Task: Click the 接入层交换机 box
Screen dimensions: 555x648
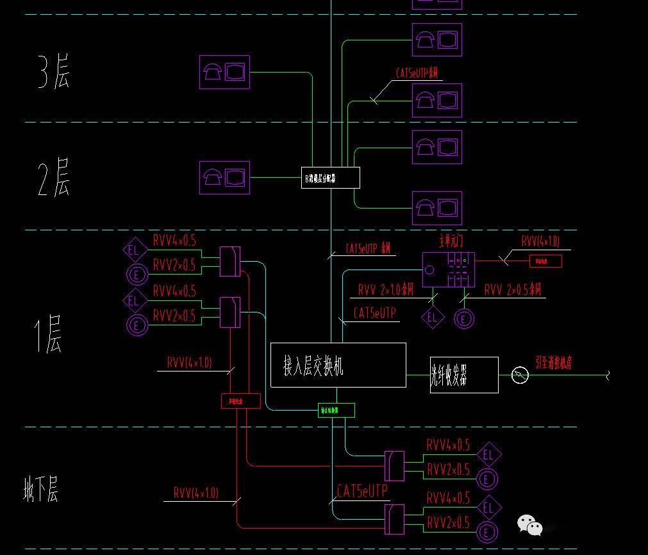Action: click(x=338, y=365)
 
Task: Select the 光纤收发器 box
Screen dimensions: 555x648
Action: click(x=464, y=375)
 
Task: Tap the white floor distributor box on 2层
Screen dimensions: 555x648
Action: click(x=330, y=178)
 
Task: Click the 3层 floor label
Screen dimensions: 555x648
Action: click(x=53, y=73)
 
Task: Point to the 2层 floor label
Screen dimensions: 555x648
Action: click(x=53, y=178)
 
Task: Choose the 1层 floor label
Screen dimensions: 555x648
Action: click(x=48, y=334)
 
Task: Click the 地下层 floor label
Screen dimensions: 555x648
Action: click(x=41, y=490)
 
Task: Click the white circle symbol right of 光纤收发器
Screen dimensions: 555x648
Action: click(x=520, y=375)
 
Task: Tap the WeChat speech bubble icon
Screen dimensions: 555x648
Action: click(x=529, y=525)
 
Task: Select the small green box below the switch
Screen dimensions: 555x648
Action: click(x=336, y=410)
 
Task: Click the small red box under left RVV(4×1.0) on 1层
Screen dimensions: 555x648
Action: click(x=241, y=401)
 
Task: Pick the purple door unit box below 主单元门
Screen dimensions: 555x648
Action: click(x=448, y=269)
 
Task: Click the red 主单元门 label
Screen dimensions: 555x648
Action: click(x=451, y=241)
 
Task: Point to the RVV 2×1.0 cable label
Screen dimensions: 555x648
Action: click(x=386, y=289)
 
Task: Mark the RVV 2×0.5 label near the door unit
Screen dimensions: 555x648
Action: click(x=512, y=289)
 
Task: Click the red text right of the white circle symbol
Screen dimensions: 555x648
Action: click(x=553, y=363)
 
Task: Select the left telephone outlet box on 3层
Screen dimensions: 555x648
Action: click(x=224, y=72)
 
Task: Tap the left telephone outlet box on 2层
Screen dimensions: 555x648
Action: click(x=224, y=177)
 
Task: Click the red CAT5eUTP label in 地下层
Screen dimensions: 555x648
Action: click(x=362, y=491)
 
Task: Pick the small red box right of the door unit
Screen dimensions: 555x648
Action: click(x=545, y=261)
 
